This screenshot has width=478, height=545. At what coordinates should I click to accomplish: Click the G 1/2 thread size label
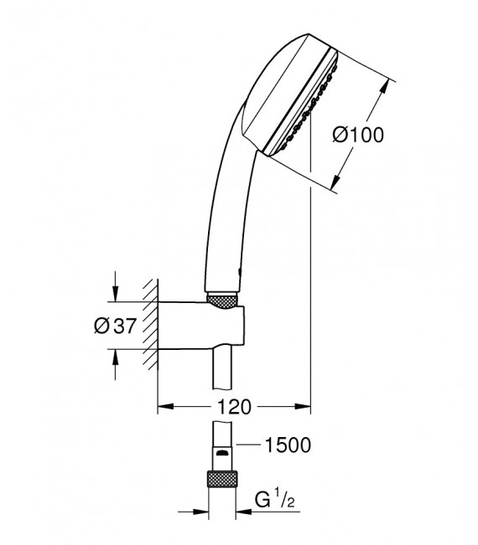(276, 501)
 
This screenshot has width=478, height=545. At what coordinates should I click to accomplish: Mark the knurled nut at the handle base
(221, 299)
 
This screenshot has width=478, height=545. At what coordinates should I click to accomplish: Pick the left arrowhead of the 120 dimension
(164, 408)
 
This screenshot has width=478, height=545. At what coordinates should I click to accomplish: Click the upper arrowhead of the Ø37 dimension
(115, 296)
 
